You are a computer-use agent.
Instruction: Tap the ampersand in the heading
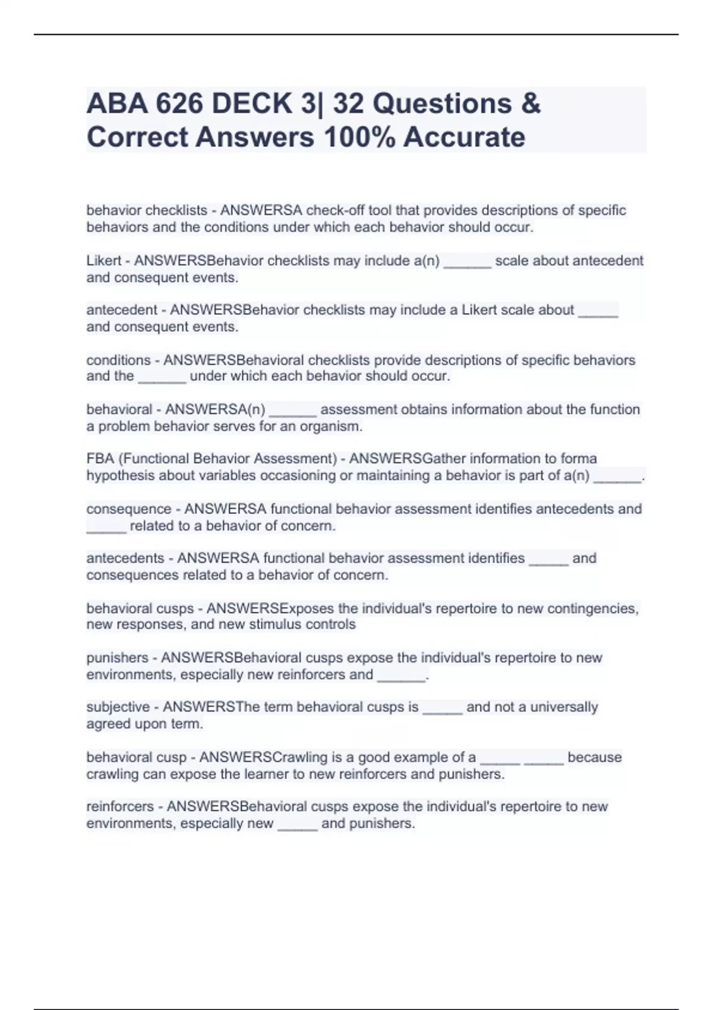point(531,104)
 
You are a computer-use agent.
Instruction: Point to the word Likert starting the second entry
point(103,261)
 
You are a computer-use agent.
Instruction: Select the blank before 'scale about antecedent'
point(467,262)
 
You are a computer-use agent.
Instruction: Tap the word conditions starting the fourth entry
point(118,360)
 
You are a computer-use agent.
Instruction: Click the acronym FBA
point(100,459)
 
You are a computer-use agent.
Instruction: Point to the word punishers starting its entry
point(117,658)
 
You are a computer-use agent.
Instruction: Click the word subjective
point(118,707)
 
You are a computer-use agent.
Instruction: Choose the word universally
point(564,707)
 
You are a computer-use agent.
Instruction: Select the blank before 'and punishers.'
point(297,825)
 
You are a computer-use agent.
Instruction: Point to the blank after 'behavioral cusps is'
point(442,708)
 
